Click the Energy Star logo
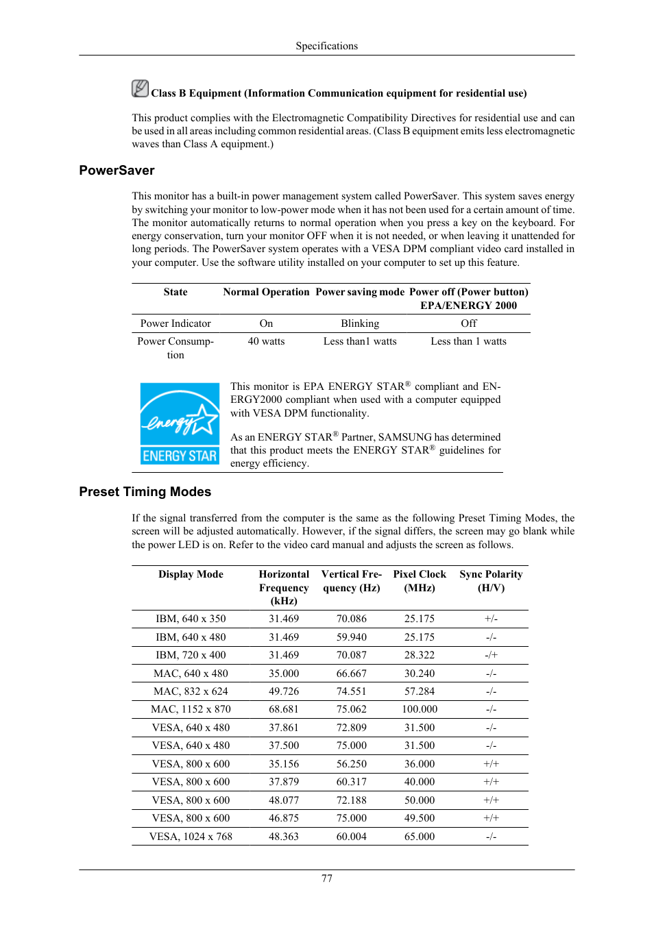180,423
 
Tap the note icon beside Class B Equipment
140,88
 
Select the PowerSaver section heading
117,171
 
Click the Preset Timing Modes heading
145,492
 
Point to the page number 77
327,878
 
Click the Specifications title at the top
327,46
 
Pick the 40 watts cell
266,341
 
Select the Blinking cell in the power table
360,323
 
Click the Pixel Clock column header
420,581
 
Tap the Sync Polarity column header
491,581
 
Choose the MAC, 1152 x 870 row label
191,709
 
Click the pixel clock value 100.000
420,709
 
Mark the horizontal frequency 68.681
284,709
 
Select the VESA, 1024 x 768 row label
191,837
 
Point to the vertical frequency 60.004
352,837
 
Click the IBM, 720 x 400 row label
191,655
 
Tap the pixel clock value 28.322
420,655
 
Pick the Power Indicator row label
175,323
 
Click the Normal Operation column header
266,292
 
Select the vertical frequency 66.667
352,674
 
